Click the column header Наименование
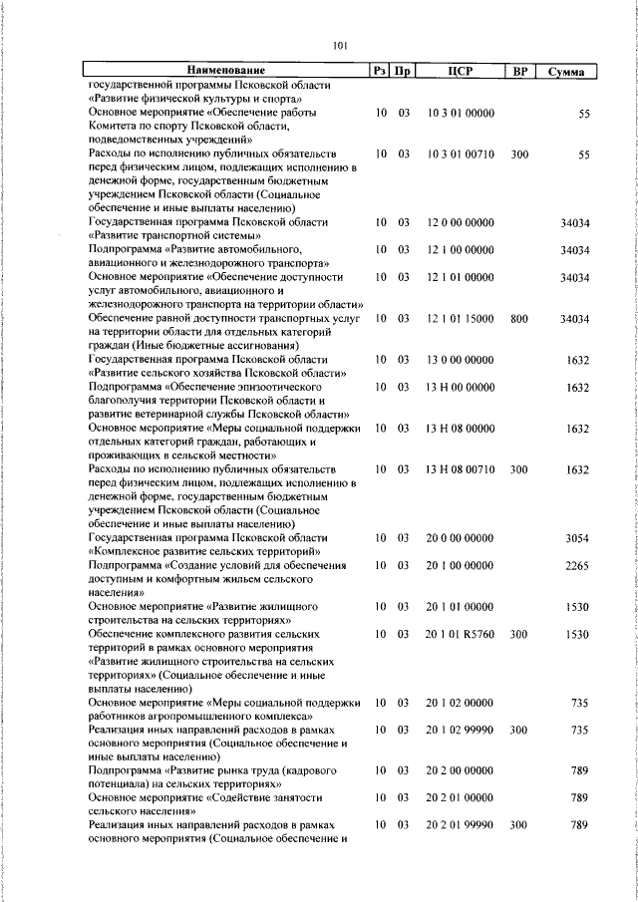pyautogui.click(x=227, y=72)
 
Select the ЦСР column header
pyautogui.click(x=460, y=72)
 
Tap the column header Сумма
pyautogui.click(x=565, y=72)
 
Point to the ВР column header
pyautogui.click(x=518, y=72)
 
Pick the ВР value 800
pyautogui.click(x=518, y=317)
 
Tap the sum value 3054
pyautogui.click(x=578, y=538)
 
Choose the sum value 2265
pyautogui.click(x=578, y=565)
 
